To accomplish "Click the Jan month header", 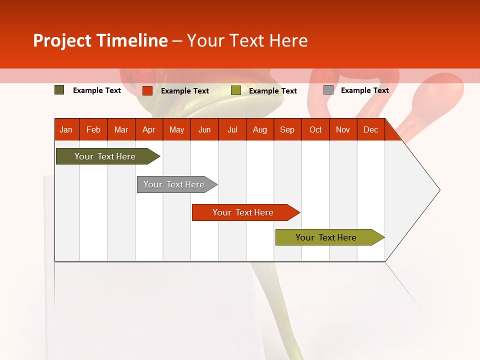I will pyautogui.click(x=66, y=129).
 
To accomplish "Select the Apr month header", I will pyautogui.click(x=148, y=129).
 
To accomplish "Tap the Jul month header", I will pyautogui.click(x=232, y=129).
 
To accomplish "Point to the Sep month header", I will pyautogui.click(x=287, y=129).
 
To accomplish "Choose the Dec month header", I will pyautogui.click(x=370, y=129).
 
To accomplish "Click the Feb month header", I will pyautogui.click(x=93, y=129).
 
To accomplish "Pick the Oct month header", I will pyautogui.click(x=315, y=129).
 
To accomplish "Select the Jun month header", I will pyautogui.click(x=204, y=129).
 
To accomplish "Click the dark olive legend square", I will pyautogui.click(x=59, y=90).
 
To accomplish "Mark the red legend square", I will pyautogui.click(x=147, y=90).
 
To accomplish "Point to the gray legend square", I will pyautogui.click(x=328, y=90).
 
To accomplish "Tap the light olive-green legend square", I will pyautogui.click(x=236, y=90).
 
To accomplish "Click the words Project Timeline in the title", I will pyautogui.click(x=100, y=40).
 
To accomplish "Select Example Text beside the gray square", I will pyautogui.click(x=364, y=90).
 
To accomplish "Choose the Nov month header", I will pyautogui.click(x=342, y=129).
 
